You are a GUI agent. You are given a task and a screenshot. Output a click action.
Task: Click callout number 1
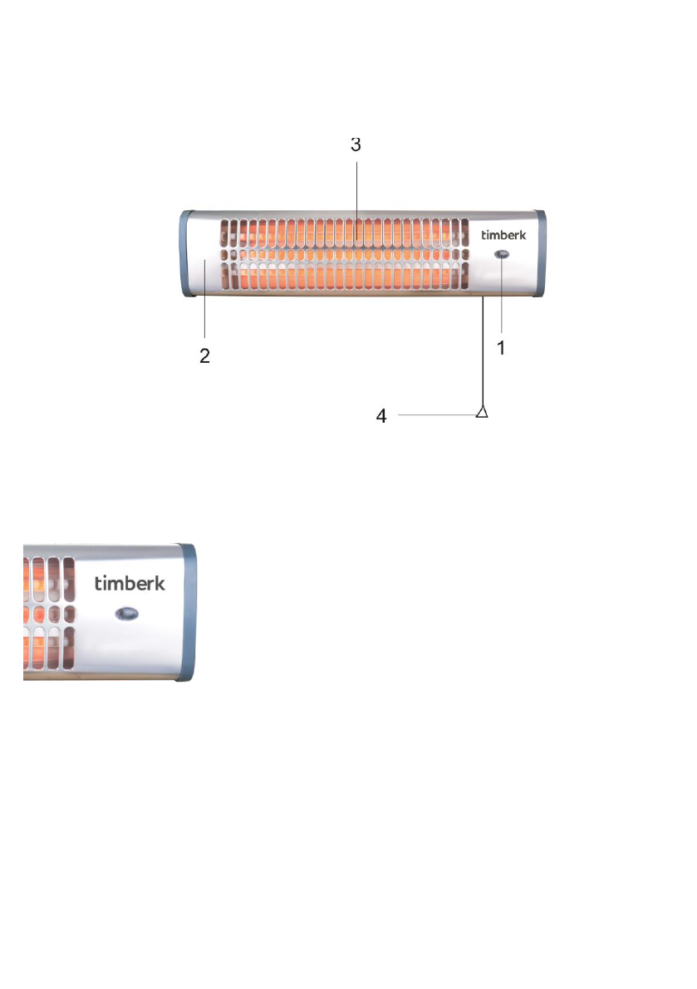pyautogui.click(x=501, y=348)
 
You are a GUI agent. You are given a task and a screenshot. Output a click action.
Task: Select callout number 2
pyautogui.click(x=204, y=355)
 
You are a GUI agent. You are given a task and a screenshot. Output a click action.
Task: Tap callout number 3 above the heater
pyautogui.click(x=356, y=144)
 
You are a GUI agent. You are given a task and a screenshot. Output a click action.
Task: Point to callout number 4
pyautogui.click(x=381, y=416)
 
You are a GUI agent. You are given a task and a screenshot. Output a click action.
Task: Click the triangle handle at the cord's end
pyautogui.click(x=482, y=412)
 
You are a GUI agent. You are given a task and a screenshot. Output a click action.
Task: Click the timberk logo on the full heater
pyautogui.click(x=503, y=235)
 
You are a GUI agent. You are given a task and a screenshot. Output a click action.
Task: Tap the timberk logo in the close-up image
pyautogui.click(x=130, y=583)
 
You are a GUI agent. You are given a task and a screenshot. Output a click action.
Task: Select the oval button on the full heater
pyautogui.click(x=502, y=254)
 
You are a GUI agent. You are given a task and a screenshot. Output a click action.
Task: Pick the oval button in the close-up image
pyautogui.click(x=127, y=614)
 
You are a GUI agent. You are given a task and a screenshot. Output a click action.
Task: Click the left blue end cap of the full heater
pyautogui.click(x=185, y=253)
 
